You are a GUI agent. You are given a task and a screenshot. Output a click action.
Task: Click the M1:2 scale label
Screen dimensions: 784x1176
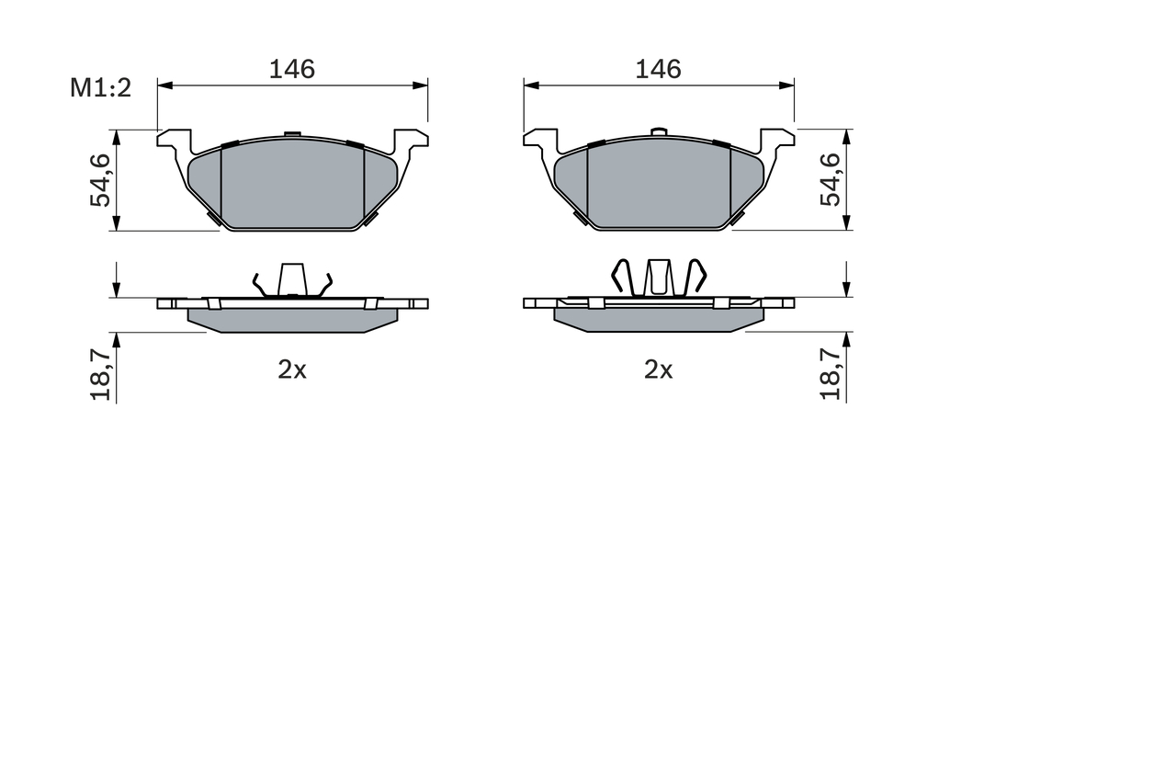coord(102,88)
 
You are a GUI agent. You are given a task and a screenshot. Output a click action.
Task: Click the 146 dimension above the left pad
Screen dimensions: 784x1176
coord(292,69)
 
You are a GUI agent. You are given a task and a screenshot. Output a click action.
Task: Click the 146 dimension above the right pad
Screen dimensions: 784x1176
coord(659,69)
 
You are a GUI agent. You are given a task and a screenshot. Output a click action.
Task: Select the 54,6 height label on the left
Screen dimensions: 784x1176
coord(100,180)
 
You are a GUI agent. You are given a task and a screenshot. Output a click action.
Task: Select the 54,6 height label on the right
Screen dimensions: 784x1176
coord(831,180)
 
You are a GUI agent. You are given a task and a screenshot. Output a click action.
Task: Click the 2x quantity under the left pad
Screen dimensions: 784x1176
coord(292,369)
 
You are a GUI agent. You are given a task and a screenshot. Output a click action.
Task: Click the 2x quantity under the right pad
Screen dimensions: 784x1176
coord(659,369)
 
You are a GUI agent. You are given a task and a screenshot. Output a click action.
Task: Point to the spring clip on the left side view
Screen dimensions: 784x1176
coord(292,280)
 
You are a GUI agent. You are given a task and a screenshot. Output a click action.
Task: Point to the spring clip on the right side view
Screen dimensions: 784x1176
coord(659,278)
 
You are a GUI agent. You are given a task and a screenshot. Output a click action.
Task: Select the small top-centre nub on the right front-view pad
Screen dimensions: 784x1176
coord(658,132)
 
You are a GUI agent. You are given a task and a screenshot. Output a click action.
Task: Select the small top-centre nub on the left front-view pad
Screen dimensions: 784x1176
coord(292,134)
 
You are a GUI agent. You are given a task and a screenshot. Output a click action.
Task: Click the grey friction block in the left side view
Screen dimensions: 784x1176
coord(292,319)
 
